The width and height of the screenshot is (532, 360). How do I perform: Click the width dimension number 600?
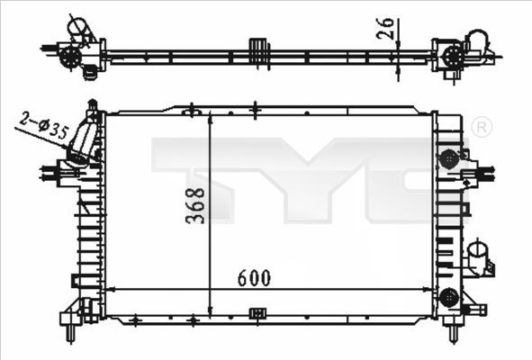[x=255, y=278]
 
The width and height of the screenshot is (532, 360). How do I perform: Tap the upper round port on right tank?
[x=448, y=158]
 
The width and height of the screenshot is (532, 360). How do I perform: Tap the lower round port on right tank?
[x=448, y=295]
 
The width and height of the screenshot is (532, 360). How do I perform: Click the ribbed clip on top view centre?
[x=259, y=52]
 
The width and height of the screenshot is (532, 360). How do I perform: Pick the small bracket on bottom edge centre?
[x=257, y=313]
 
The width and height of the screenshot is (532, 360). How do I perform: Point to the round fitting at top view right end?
[x=450, y=58]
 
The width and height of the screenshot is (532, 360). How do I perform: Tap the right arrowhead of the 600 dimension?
[x=428, y=289]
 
